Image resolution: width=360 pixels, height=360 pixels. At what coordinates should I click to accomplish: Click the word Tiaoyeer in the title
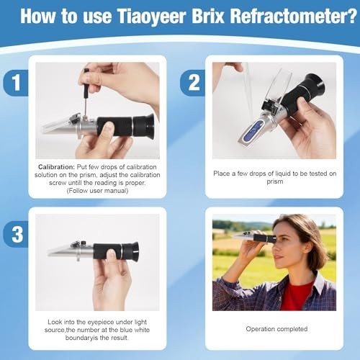coord(158,16)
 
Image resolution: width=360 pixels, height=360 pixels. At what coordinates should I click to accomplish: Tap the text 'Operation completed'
coord(276,329)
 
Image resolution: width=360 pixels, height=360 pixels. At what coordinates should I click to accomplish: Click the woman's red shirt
coord(296,295)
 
